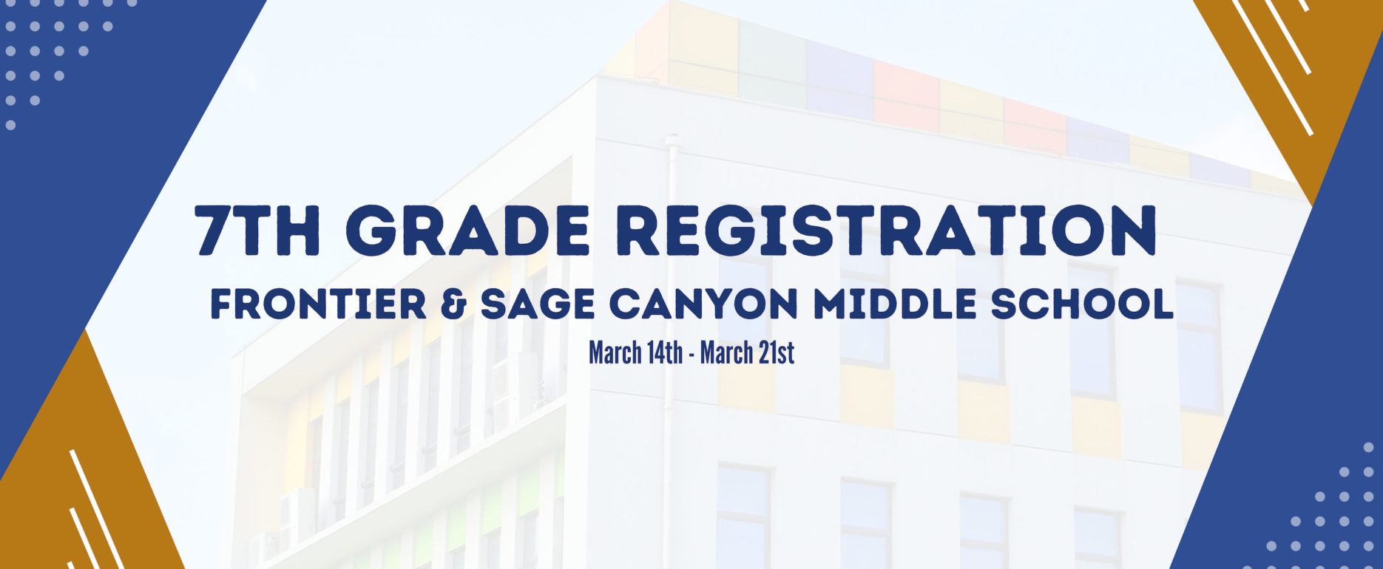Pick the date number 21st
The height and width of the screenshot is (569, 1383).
774,353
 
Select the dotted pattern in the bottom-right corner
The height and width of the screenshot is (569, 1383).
1324,510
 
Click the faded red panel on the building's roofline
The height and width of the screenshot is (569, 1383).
907,96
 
